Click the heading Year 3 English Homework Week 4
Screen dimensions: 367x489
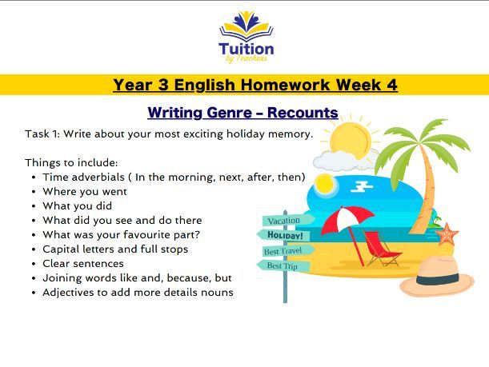255,85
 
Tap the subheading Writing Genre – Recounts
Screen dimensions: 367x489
242,113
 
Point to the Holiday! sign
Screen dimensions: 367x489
284,236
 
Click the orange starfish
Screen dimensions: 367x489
447,234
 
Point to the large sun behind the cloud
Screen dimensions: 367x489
352,138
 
